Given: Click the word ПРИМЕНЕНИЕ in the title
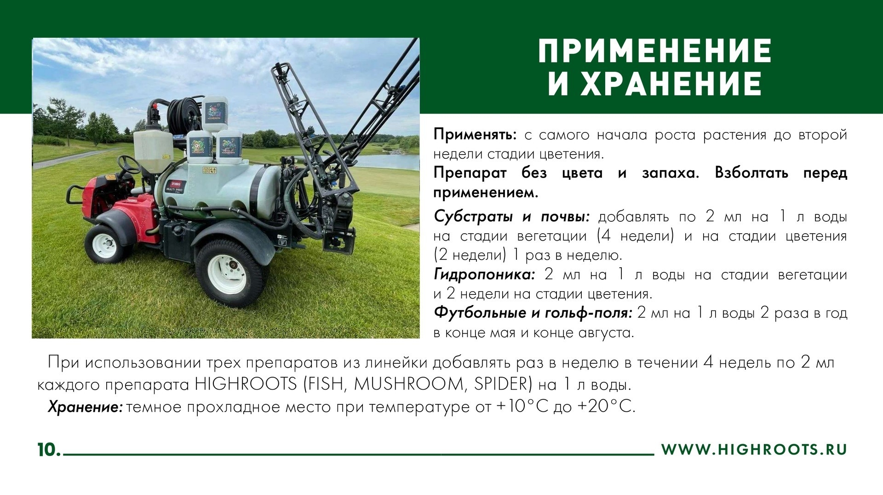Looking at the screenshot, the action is click(x=655, y=52).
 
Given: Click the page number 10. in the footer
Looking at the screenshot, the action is click(x=49, y=450).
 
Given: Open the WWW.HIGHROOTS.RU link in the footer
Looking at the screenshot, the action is click(x=754, y=450).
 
